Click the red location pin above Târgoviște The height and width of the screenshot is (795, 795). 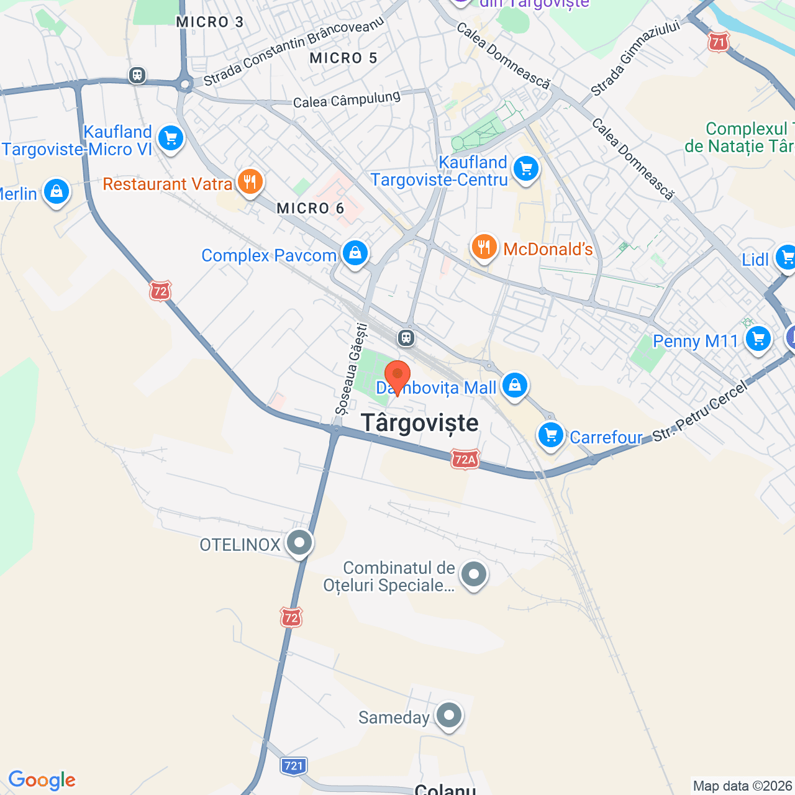(397, 376)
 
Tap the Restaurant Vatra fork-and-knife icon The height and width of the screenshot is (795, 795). (250, 182)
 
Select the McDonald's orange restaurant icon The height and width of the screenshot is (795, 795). (484, 247)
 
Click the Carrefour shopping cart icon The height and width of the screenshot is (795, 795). (551, 435)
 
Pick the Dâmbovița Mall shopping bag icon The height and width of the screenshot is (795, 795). (514, 385)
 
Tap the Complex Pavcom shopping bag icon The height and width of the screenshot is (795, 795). (355, 253)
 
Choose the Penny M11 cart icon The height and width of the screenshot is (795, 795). (758, 339)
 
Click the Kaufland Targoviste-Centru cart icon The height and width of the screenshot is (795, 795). (526, 168)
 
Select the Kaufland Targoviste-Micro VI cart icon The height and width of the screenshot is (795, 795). (171, 139)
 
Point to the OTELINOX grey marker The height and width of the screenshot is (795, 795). (299, 543)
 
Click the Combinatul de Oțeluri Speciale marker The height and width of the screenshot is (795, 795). (475, 575)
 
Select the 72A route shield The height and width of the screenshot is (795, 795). (465, 459)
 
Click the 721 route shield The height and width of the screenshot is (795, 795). (293, 765)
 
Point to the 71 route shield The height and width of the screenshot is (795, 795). (718, 42)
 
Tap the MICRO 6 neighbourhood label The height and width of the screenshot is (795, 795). (310, 208)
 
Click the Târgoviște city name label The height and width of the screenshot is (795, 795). (420, 423)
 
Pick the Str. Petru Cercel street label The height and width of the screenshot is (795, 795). (701, 413)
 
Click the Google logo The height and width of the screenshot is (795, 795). (42, 780)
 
